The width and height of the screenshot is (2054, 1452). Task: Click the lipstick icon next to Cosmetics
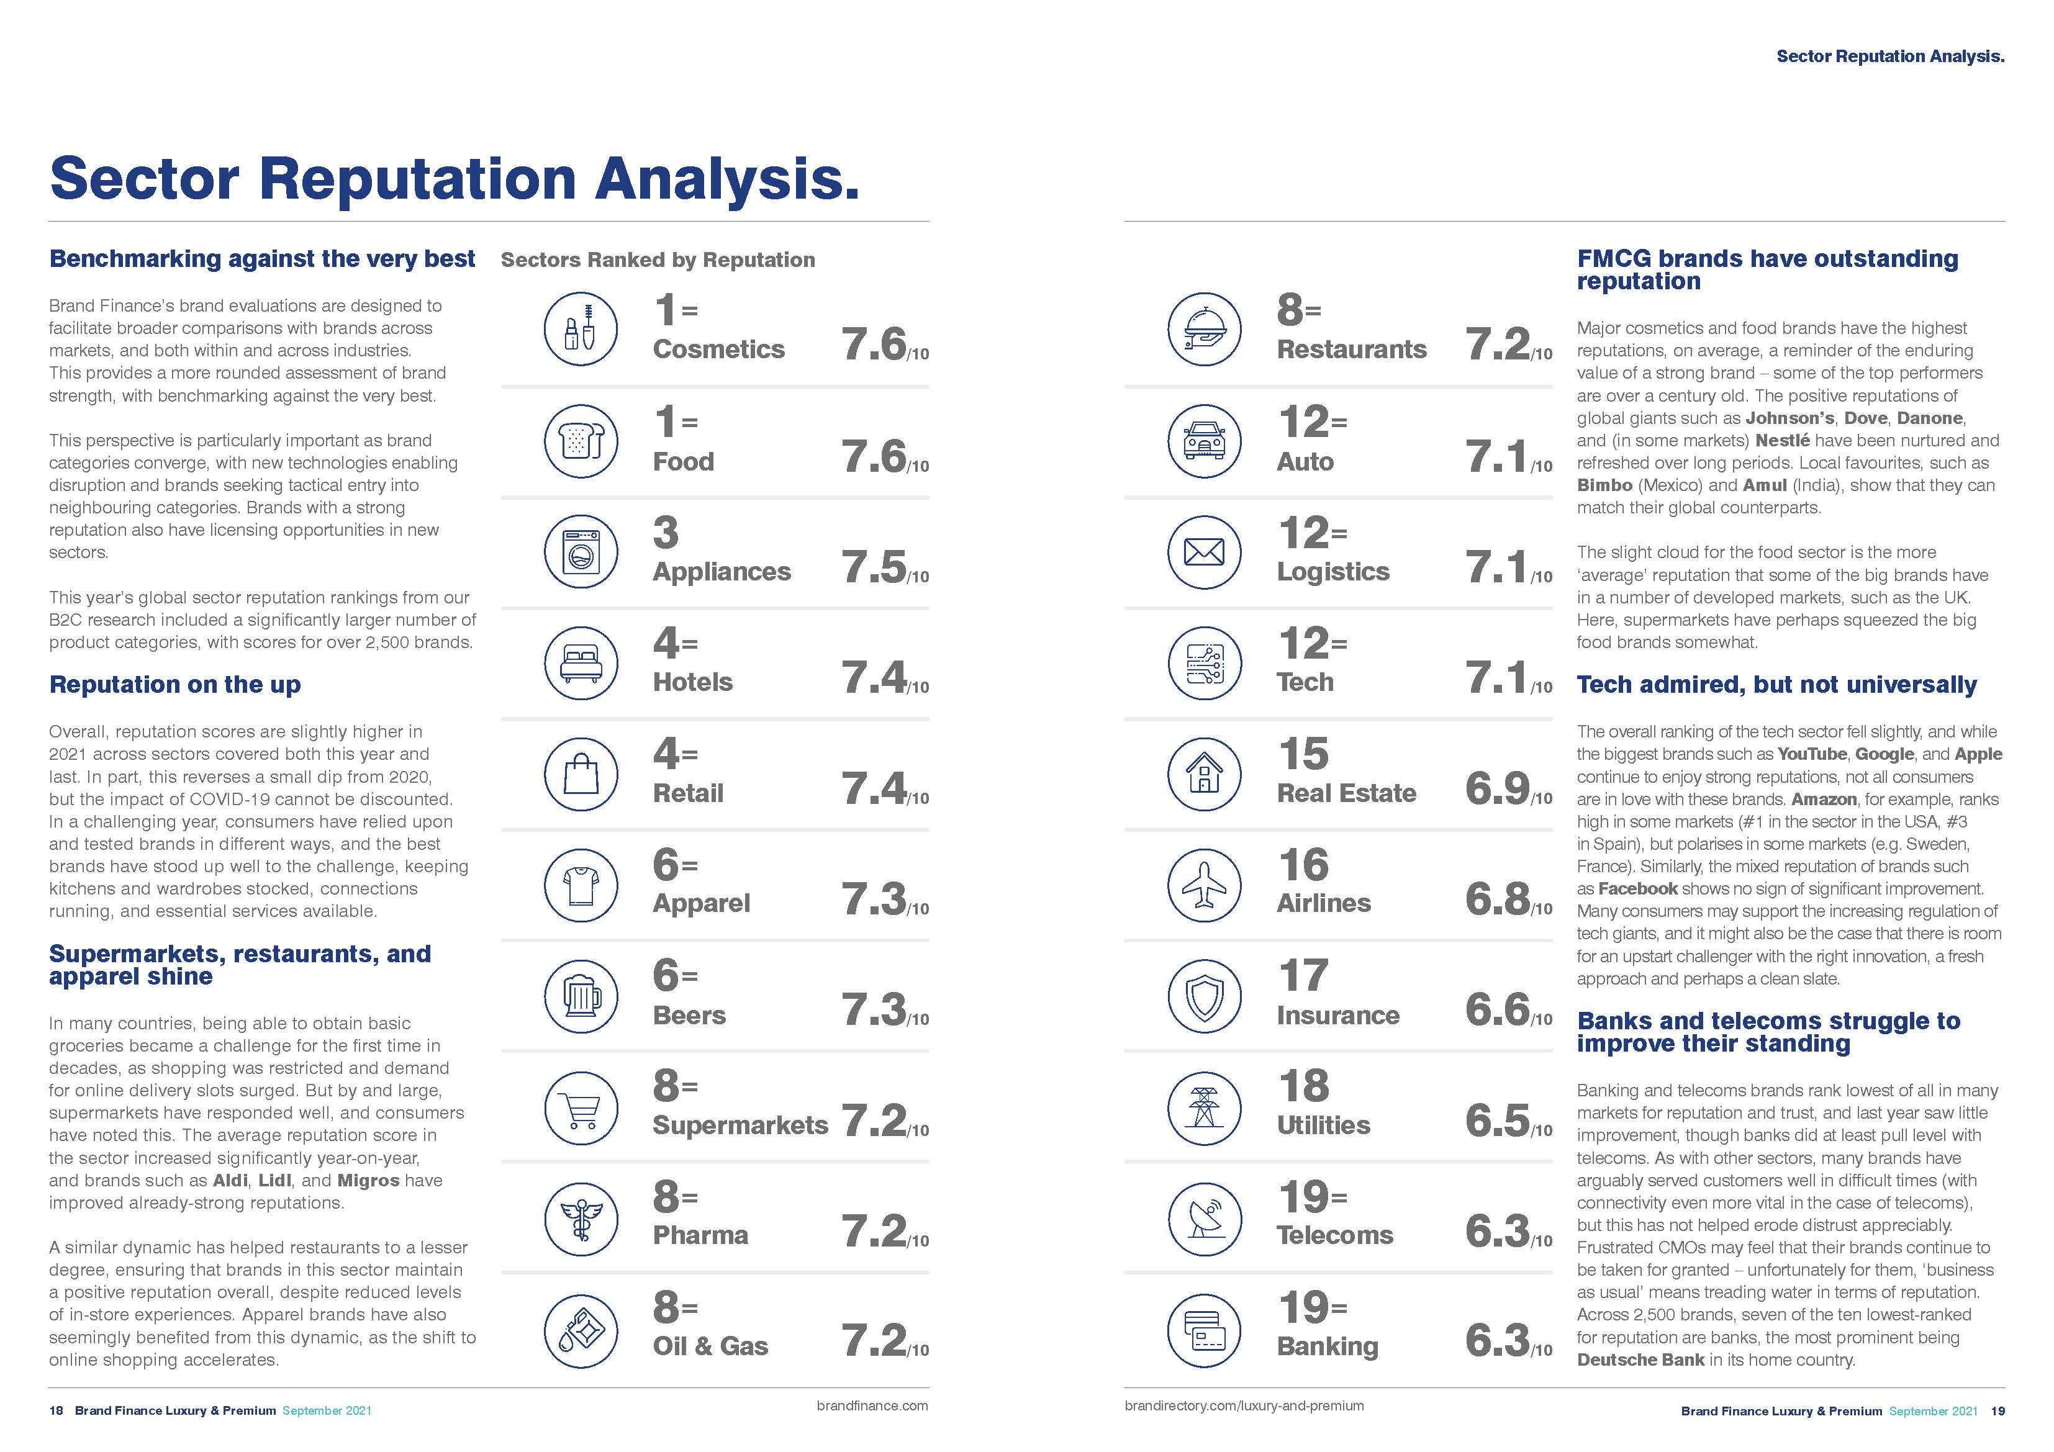tap(581, 328)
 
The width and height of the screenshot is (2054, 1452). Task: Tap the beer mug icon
tap(581, 995)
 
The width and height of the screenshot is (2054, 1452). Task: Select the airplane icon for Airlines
tap(1204, 884)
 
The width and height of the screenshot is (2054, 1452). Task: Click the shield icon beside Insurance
tap(1204, 995)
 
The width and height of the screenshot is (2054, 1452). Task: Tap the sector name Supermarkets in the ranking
tap(740, 1125)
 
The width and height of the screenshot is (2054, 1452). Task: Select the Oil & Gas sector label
tap(710, 1346)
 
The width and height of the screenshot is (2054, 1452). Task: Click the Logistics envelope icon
tap(1204, 552)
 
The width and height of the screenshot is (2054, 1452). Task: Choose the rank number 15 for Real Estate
tap(1303, 754)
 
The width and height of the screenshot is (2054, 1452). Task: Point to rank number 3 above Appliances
tap(666, 533)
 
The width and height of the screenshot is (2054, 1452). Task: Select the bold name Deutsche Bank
tap(1640, 1360)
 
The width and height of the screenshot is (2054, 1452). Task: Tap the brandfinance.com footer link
tap(872, 1405)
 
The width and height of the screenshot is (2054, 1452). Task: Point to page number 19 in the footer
tap(1997, 1411)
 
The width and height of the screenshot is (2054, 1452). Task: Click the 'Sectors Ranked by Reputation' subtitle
tap(658, 259)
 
